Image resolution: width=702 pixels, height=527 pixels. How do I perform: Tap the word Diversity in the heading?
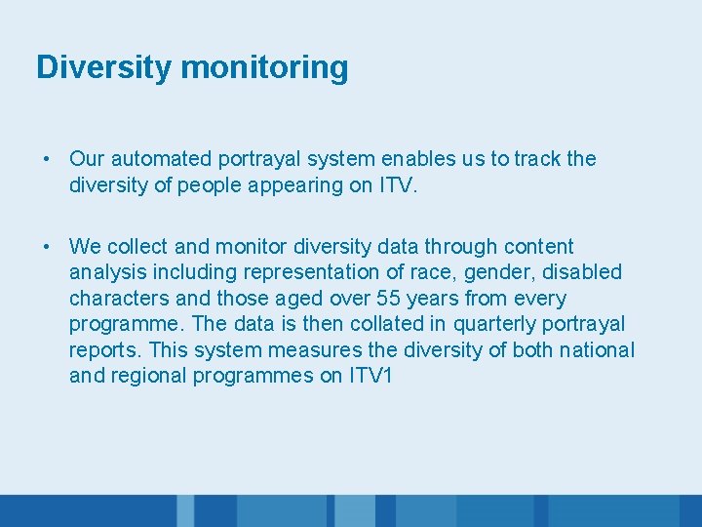[104, 67]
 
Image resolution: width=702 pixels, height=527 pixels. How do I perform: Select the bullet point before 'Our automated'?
[46, 159]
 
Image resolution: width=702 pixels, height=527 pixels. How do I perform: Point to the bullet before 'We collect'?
[46, 247]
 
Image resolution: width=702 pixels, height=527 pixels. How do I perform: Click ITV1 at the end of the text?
[370, 375]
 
